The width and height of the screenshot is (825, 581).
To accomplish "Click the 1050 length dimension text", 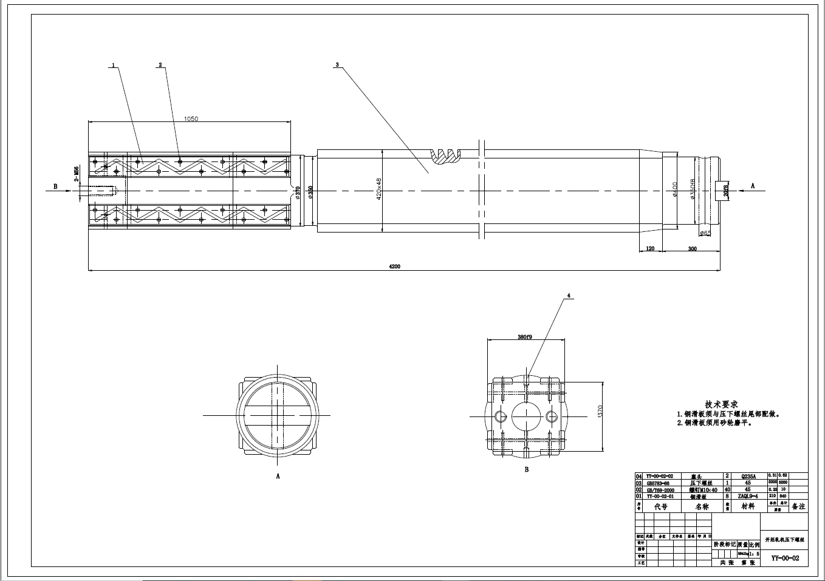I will point(191,119).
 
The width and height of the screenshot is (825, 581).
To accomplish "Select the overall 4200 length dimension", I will point(395,267).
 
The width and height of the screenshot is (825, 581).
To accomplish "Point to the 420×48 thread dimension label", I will point(378,189).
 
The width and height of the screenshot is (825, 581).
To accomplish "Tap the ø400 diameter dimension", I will point(674,190).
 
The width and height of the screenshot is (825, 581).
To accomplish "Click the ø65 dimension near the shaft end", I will point(705,233).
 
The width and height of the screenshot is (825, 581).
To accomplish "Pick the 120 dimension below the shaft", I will point(650,248).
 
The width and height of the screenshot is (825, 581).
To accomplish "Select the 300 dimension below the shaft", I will point(692,248).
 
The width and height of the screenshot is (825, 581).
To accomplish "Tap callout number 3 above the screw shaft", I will point(337,64).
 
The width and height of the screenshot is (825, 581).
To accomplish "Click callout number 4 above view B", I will point(569,296).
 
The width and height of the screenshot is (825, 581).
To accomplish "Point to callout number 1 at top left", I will point(113,64).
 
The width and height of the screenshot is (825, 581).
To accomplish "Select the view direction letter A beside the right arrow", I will point(753,186).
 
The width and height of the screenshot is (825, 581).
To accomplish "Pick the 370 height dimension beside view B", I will point(600,412).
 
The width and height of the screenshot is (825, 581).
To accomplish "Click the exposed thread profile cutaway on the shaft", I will point(447,155).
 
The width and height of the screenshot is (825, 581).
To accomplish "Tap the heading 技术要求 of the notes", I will point(721,404).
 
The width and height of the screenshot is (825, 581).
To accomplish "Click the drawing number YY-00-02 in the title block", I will point(785,558).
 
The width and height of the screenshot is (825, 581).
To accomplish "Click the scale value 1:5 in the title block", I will point(754,554).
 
